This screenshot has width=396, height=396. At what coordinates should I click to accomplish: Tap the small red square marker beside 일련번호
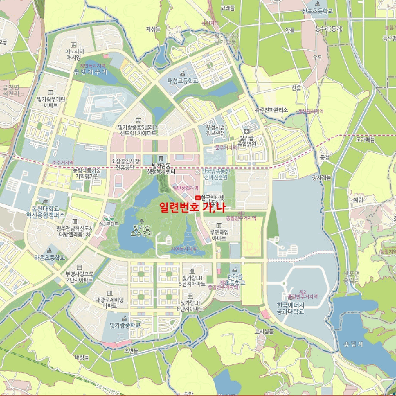[197, 197]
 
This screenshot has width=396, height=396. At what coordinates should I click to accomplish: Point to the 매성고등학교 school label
[183, 81]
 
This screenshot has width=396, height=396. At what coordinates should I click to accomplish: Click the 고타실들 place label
[264, 331]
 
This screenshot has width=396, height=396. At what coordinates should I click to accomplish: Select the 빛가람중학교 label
[124, 325]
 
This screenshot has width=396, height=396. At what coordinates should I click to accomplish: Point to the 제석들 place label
[153, 28]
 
